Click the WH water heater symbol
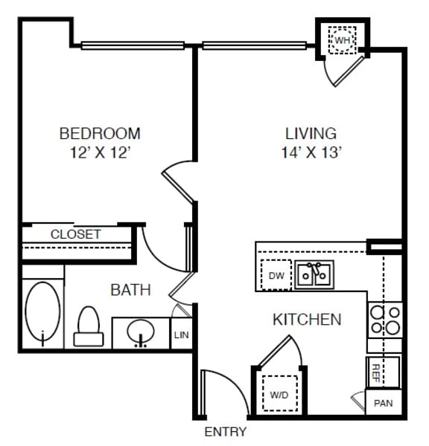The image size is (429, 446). (342, 40)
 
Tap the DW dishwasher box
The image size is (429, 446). (276, 275)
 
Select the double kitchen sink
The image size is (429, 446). (314, 275)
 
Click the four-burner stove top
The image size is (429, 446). (385, 320)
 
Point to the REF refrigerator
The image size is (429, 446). (383, 372)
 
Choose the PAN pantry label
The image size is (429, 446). (384, 403)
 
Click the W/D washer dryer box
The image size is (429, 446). (279, 394)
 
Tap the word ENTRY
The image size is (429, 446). (225, 432)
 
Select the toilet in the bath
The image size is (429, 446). (89, 326)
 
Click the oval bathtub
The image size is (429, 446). (42, 311)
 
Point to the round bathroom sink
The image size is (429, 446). (141, 332)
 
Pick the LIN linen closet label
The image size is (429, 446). (182, 335)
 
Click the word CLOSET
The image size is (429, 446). (75, 234)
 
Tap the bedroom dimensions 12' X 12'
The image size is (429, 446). (101, 152)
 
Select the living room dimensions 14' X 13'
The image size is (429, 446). (311, 152)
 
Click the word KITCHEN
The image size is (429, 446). (307, 320)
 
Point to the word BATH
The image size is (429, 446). (130, 290)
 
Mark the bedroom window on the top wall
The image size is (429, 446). (133, 45)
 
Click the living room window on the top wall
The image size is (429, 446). (255, 45)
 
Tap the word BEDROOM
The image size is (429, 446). (100, 133)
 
